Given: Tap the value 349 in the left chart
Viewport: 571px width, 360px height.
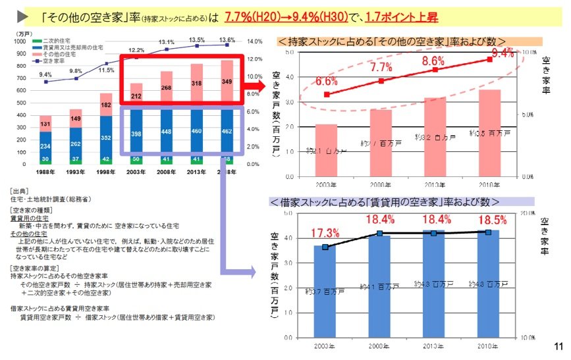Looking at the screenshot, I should click(x=227, y=82).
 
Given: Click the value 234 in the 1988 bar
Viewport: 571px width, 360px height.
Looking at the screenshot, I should click(x=45, y=145).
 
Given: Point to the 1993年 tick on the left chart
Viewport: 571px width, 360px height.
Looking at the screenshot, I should click(x=76, y=172).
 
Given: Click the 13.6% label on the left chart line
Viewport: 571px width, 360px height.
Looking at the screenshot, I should click(x=227, y=39).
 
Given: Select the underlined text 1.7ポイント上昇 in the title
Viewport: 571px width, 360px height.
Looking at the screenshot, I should click(x=402, y=15).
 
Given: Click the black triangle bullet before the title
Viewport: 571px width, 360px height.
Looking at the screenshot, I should click(x=22, y=15).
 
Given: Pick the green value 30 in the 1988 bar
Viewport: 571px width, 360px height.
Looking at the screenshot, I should click(x=45, y=159).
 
